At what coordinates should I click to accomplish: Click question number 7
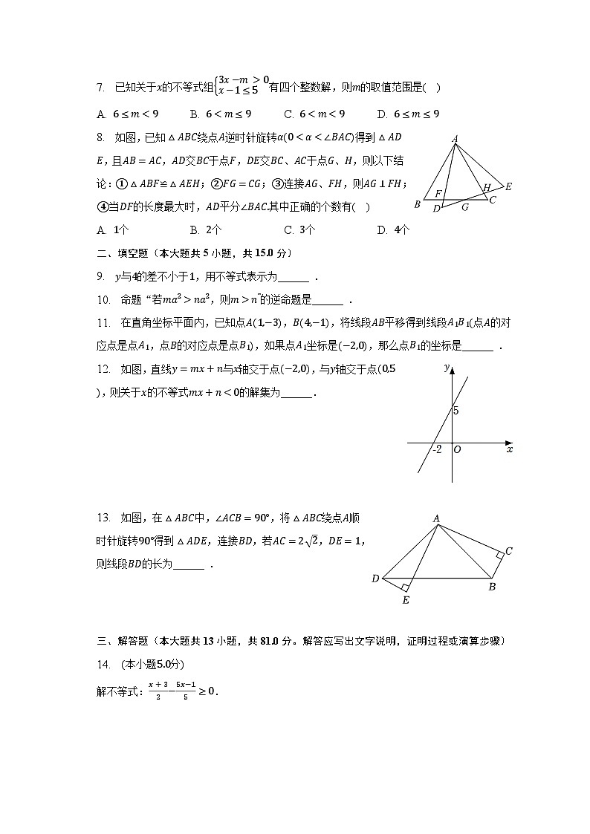101,88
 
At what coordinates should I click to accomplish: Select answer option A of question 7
101,114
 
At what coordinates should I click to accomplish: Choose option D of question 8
382,230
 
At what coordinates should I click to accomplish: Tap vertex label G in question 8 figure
464,208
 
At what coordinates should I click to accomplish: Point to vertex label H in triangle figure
487,188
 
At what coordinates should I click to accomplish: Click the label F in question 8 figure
438,194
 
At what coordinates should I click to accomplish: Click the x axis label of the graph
509,449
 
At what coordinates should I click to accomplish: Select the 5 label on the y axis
457,411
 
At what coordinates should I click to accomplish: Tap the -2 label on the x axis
436,449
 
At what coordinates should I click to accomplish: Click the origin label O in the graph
457,450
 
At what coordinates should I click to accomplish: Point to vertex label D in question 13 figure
375,579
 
